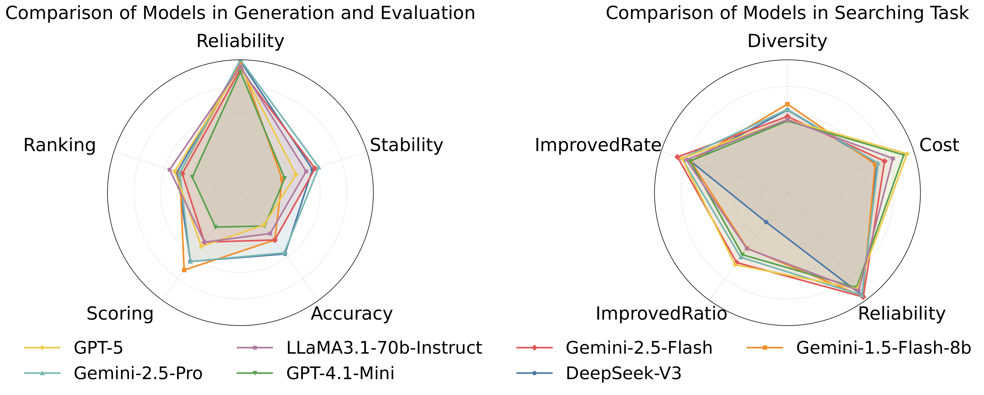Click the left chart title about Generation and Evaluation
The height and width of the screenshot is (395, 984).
click(240, 13)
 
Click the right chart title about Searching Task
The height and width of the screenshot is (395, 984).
click(787, 13)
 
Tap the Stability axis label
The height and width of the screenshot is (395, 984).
click(406, 145)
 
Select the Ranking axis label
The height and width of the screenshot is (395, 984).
click(60, 145)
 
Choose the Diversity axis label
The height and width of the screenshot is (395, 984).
click(787, 41)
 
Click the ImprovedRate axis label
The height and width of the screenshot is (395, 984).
click(597, 145)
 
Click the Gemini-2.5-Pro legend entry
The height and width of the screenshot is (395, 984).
click(138, 373)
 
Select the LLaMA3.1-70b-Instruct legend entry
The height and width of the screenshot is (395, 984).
click(384, 348)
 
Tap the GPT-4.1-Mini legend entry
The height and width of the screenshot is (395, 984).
click(340, 373)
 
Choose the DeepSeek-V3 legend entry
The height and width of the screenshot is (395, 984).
click(623, 373)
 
